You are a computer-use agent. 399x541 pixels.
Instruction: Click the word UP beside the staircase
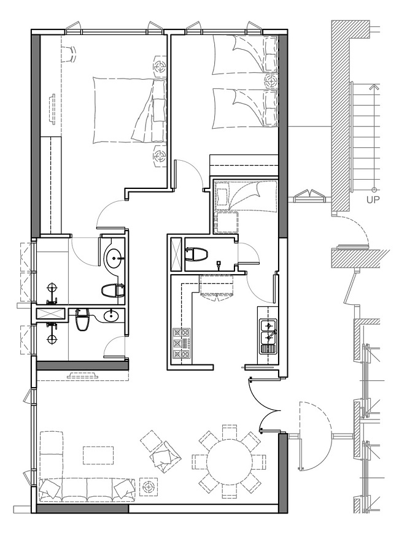click(373, 199)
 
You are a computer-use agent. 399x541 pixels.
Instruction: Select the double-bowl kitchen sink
click(268, 331)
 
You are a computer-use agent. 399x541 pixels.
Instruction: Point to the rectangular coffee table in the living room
click(98, 455)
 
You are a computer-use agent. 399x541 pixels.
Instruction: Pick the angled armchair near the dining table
click(166, 455)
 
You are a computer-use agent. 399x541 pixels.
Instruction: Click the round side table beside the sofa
click(149, 487)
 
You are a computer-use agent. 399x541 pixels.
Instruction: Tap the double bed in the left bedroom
click(129, 110)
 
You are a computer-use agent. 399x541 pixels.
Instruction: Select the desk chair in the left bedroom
click(69, 55)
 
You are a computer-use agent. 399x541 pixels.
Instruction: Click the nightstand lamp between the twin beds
click(271, 82)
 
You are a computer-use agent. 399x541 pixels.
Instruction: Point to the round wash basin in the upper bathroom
click(114, 258)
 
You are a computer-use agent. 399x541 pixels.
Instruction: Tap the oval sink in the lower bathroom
click(111, 315)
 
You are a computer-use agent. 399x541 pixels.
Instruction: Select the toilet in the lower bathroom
click(83, 320)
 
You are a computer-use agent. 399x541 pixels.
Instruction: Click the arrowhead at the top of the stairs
click(373, 86)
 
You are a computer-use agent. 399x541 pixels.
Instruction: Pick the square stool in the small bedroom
click(226, 223)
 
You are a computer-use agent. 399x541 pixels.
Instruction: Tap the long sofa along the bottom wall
click(87, 490)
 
